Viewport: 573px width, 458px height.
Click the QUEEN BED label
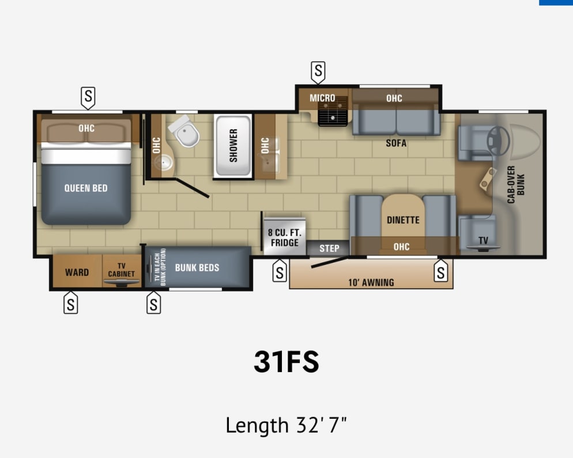pos(86,188)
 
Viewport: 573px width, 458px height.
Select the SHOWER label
pos(233,145)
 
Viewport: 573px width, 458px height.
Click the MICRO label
pos(322,98)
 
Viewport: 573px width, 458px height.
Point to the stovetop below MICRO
pos(334,116)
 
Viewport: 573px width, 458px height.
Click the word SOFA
pos(396,143)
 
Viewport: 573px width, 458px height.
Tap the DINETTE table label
pos(403,220)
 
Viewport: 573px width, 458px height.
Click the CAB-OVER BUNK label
pos(515,185)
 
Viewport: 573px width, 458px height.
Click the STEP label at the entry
pos(330,248)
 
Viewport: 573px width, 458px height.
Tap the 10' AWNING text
pos(371,282)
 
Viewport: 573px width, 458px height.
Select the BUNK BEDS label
pos(197,268)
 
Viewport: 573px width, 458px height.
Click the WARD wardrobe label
pos(77,272)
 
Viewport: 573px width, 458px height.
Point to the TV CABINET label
pos(122,270)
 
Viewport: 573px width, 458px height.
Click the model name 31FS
pos(286,361)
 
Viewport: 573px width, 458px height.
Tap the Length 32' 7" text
pos(286,426)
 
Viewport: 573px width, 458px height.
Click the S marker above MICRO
pos(318,72)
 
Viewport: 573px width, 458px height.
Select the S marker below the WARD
pos(70,302)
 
